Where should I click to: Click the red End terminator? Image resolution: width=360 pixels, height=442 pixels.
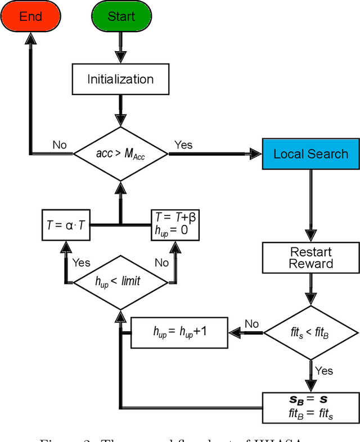point(30,16)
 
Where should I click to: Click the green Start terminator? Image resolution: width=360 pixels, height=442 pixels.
point(120,16)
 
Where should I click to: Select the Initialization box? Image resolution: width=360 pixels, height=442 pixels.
point(120,79)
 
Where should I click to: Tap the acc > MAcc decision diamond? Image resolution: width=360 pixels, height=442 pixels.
point(120,153)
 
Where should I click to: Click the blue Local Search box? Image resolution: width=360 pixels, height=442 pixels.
point(310,154)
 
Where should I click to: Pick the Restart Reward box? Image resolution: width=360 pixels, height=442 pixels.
point(310,258)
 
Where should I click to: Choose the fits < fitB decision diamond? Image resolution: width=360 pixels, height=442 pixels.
point(310,333)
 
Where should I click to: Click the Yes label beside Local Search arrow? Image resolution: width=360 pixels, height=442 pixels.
point(183,145)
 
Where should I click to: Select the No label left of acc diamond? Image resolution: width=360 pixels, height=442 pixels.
point(60,145)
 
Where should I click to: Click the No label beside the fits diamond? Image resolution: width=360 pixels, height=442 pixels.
point(251,324)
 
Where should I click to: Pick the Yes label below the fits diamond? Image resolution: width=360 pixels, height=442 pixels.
point(324,371)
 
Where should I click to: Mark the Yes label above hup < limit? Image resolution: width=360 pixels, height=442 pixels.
point(81,262)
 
